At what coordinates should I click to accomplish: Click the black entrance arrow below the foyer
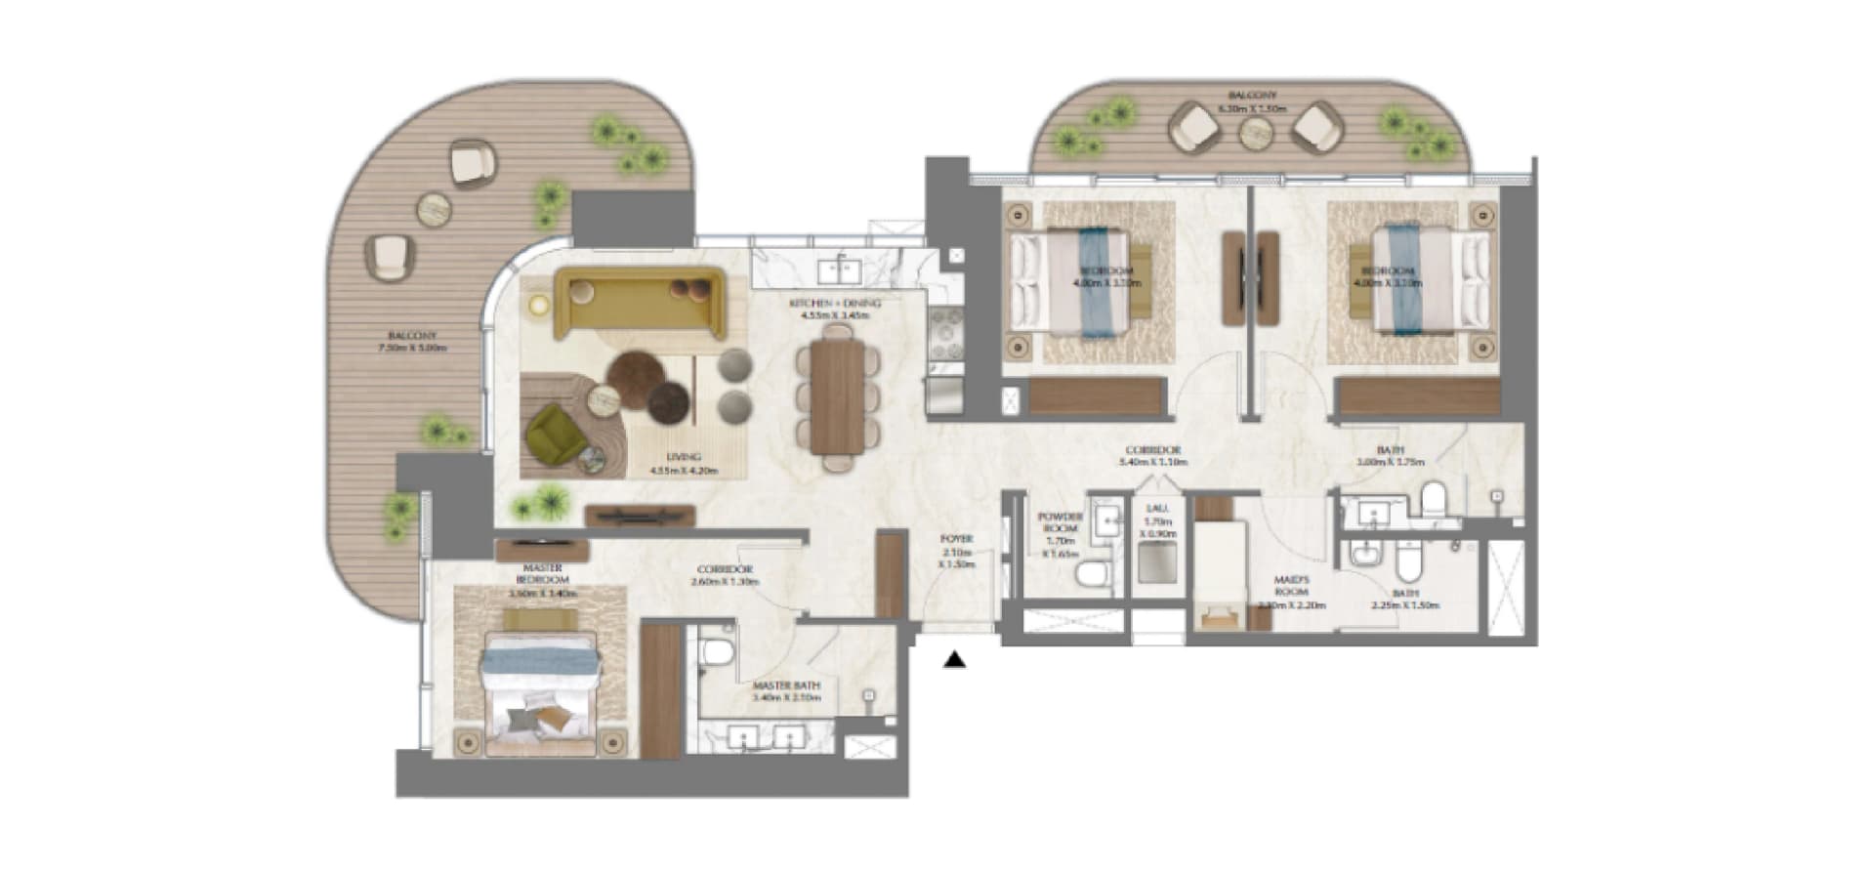click(x=954, y=661)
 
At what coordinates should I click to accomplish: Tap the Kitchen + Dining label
click(x=834, y=304)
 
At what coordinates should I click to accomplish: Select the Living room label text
click(x=683, y=457)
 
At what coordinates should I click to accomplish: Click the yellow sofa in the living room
click(x=639, y=299)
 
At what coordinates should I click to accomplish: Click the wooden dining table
click(x=838, y=397)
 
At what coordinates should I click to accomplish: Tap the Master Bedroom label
click(x=543, y=573)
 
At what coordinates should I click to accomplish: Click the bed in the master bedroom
click(x=538, y=692)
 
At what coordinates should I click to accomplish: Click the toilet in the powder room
click(x=1093, y=574)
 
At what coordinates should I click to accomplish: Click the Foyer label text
click(x=955, y=539)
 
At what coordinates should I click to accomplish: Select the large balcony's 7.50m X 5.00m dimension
click(x=411, y=348)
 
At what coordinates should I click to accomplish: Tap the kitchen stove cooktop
click(x=944, y=338)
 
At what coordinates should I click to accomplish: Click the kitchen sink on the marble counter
click(x=839, y=266)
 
